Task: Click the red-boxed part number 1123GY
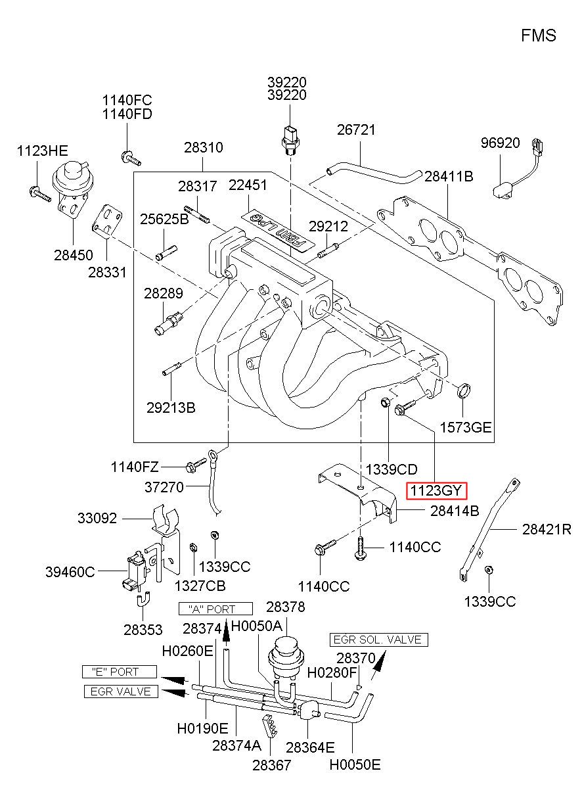pyautogui.click(x=436, y=491)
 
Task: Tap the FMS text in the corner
pyautogui.click(x=539, y=36)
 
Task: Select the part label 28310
pyautogui.click(x=203, y=147)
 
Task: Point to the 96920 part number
pyautogui.click(x=500, y=143)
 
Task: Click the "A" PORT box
pyautogui.click(x=215, y=609)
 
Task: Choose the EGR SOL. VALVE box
pyautogui.click(x=379, y=640)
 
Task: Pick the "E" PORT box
pyautogui.click(x=120, y=672)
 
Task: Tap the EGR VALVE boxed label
pyautogui.click(x=121, y=691)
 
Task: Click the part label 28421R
pyautogui.click(x=547, y=530)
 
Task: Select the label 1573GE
pyautogui.click(x=466, y=427)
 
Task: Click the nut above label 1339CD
pyautogui.click(x=384, y=403)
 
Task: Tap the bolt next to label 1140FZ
pyautogui.click(x=196, y=465)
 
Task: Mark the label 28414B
pyautogui.click(x=454, y=511)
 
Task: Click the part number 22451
pyautogui.click(x=248, y=185)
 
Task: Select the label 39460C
pyautogui.click(x=70, y=572)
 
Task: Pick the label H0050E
pyautogui.click(x=355, y=764)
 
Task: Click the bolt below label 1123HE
pyautogui.click(x=40, y=194)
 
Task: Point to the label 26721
pyautogui.click(x=356, y=130)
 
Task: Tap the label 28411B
pyautogui.click(x=449, y=176)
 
